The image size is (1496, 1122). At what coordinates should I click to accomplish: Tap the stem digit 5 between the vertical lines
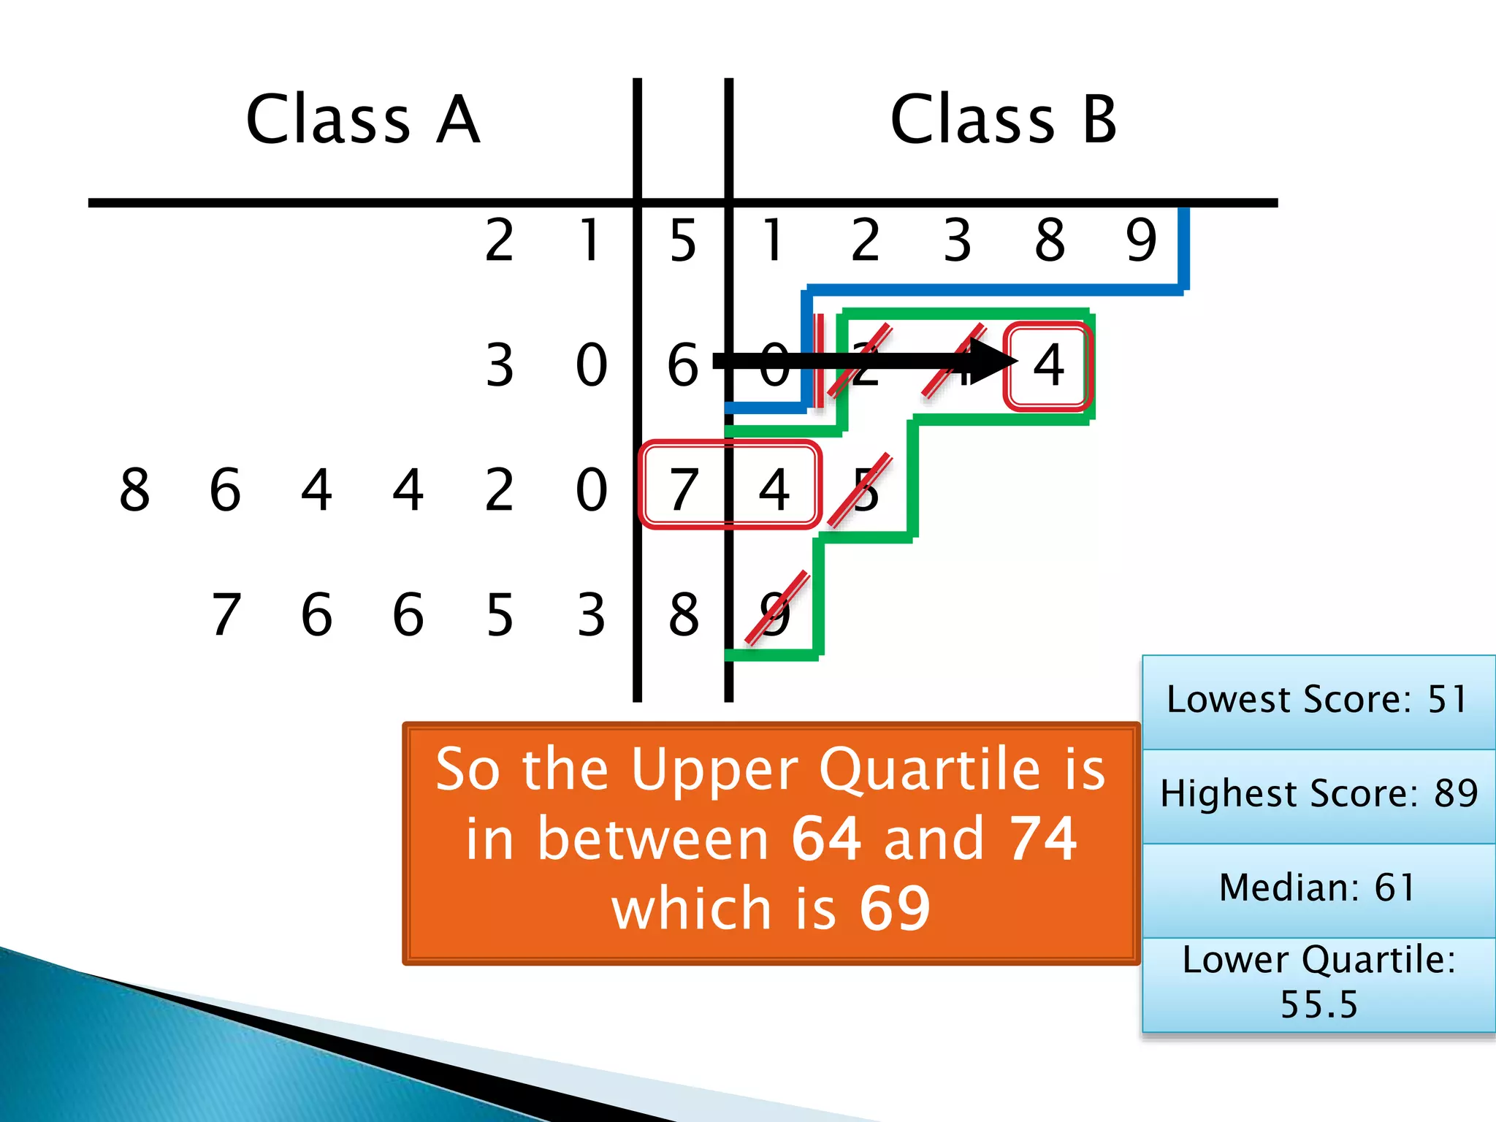click(x=683, y=240)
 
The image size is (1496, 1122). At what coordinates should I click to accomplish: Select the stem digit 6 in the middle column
click(x=683, y=365)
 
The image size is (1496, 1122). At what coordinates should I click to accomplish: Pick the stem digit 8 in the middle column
click(x=684, y=614)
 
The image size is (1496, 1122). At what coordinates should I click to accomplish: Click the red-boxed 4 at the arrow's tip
click(x=1048, y=365)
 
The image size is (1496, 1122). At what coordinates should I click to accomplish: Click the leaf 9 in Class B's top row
click(x=1141, y=240)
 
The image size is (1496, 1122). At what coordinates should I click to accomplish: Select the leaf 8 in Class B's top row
click(x=1050, y=240)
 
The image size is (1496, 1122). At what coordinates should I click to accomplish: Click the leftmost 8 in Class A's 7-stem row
click(x=134, y=490)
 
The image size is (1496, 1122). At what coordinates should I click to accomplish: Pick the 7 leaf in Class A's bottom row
click(x=226, y=614)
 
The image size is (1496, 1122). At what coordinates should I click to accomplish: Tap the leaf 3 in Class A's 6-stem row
click(x=500, y=365)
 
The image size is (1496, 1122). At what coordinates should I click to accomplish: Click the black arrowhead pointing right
click(x=993, y=360)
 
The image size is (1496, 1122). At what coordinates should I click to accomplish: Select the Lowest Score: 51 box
click(x=1318, y=701)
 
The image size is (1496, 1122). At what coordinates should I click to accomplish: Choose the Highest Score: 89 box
click(x=1318, y=794)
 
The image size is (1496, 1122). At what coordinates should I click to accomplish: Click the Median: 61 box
click(x=1318, y=888)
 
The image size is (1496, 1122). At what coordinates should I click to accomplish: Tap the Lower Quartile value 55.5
click(x=1318, y=1004)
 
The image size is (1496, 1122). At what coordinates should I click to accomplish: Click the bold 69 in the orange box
click(x=895, y=908)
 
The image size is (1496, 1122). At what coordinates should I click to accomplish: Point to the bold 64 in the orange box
click(x=826, y=839)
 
